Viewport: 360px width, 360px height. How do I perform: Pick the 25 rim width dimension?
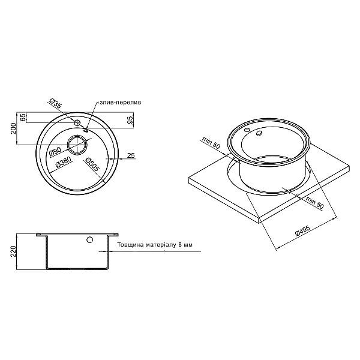click(x=131, y=156)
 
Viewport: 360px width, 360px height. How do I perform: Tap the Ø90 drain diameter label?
click(x=56, y=151)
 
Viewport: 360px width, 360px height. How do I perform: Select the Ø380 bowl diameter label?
click(x=64, y=162)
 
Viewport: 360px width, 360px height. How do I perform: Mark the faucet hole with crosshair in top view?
click(x=77, y=122)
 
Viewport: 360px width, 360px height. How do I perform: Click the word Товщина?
click(x=131, y=245)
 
